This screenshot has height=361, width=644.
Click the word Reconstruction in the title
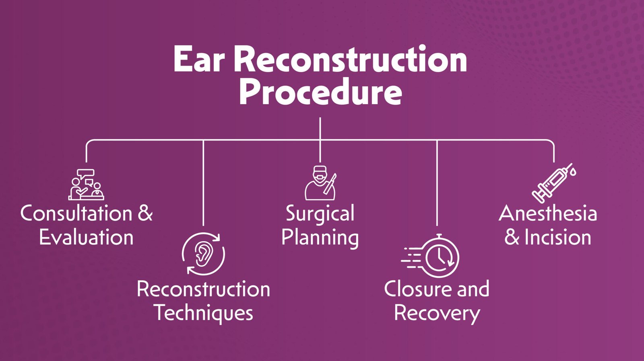(x=350, y=59)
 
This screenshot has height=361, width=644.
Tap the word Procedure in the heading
(x=320, y=93)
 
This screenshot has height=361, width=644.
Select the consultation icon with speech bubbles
(x=86, y=185)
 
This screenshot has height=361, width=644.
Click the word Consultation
(x=76, y=213)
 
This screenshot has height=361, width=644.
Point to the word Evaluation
(x=86, y=237)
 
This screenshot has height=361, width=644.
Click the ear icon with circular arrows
(x=203, y=254)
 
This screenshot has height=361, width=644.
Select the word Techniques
(x=203, y=313)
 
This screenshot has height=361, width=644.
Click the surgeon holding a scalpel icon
(x=320, y=183)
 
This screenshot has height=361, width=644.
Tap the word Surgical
(x=320, y=213)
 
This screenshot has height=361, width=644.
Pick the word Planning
(x=320, y=237)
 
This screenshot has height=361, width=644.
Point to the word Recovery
(x=437, y=313)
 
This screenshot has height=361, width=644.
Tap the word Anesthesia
(x=548, y=213)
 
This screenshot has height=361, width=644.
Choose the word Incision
(x=558, y=237)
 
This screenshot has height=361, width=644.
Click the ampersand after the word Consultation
(x=145, y=213)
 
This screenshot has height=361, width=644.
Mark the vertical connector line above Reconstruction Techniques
(x=203, y=183)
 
